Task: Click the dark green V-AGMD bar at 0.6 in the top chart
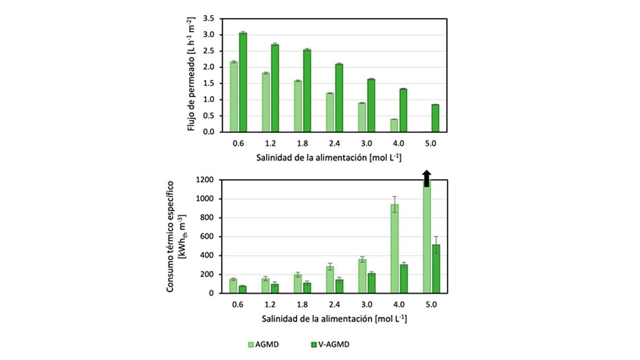[x=243, y=82]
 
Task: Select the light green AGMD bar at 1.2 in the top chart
[x=266, y=102]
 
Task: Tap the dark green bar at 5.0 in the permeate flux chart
[x=436, y=118]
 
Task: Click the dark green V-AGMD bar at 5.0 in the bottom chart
[x=436, y=269]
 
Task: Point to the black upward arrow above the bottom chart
[x=426, y=178]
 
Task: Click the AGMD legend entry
[x=263, y=345]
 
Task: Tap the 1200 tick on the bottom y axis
[x=204, y=180]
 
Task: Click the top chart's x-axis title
[x=328, y=157]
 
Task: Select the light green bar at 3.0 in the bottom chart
[x=362, y=276]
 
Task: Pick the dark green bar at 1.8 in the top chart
[x=307, y=91]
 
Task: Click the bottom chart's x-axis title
[x=334, y=319]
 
